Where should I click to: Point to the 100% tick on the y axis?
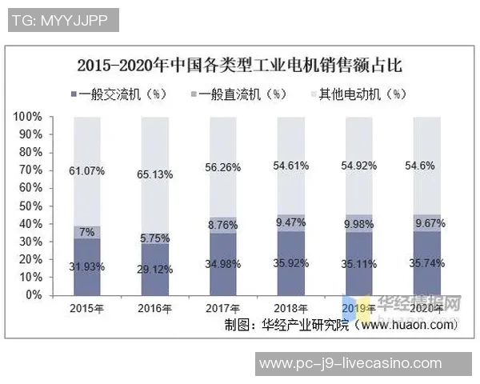(x=27, y=117)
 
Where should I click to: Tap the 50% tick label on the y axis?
(x=30, y=206)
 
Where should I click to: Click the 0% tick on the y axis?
(x=33, y=295)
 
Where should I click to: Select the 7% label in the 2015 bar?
(x=86, y=232)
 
